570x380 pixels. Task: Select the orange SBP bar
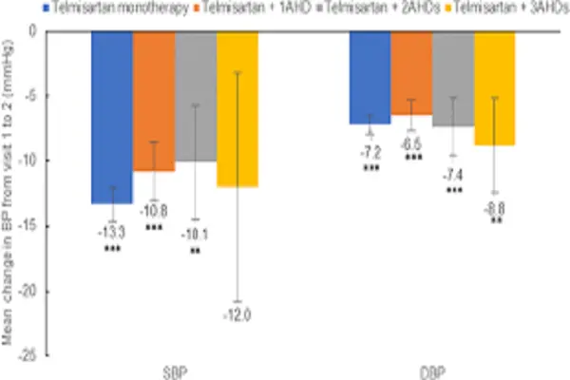pos(154,100)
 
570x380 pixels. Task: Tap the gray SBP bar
pos(196,95)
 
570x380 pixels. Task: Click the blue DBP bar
pos(370,77)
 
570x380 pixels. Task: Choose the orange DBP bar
pos(411,72)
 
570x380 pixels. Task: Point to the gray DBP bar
pos(453,78)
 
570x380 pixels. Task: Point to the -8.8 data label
pos(495,208)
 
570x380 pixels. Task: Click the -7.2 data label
pos(370,152)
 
